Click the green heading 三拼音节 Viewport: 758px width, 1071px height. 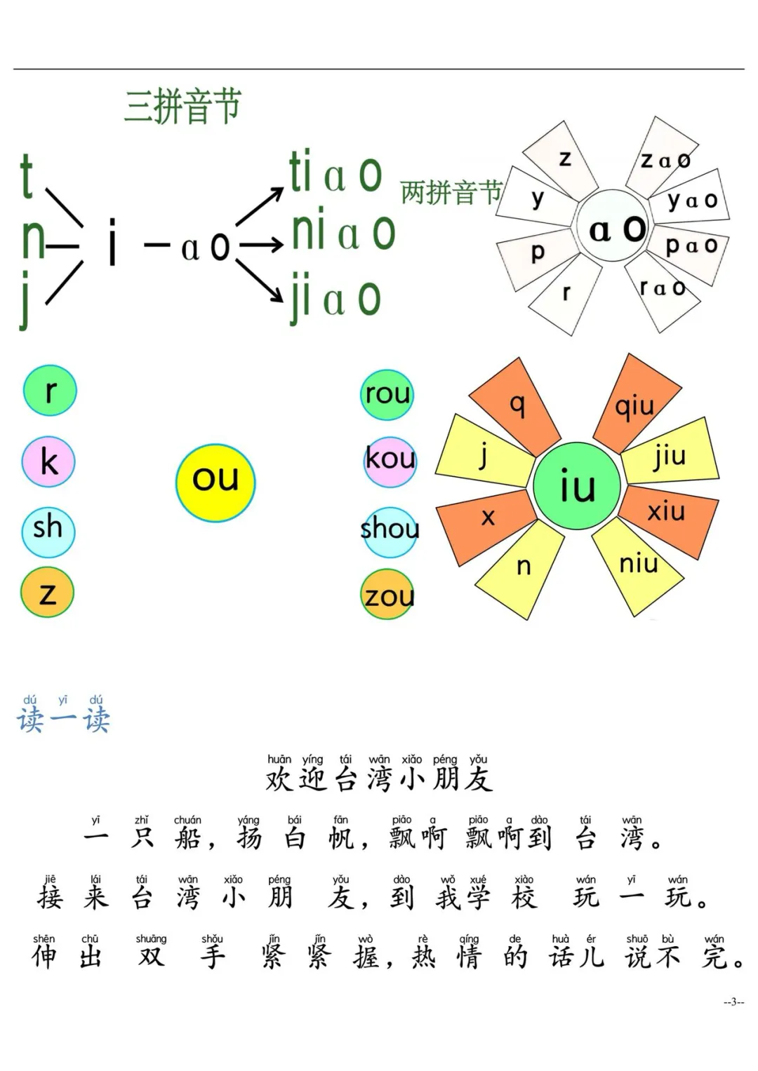[182, 106]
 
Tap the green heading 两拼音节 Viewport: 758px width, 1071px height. [451, 192]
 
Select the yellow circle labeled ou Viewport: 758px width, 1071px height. [215, 483]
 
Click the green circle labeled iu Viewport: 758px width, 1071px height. [577, 485]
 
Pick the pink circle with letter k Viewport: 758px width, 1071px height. [48, 462]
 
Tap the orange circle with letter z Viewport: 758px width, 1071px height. [48, 593]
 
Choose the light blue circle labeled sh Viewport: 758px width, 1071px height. [48, 531]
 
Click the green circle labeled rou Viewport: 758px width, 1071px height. [387, 394]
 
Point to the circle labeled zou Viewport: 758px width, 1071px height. [387, 594]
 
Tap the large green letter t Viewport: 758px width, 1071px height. [27, 176]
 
